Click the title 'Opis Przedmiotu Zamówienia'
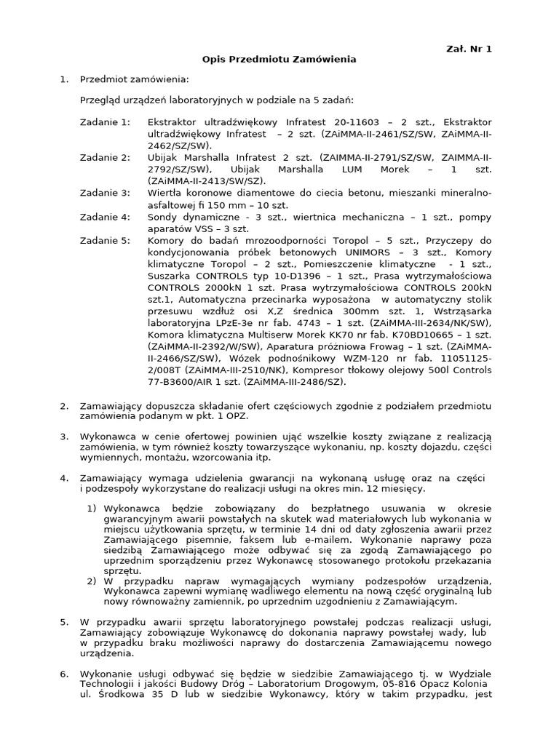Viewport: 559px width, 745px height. (x=279, y=60)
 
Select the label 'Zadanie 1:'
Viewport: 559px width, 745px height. (x=105, y=122)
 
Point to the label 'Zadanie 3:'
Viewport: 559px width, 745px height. (x=105, y=193)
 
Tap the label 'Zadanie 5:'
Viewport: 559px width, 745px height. (x=105, y=241)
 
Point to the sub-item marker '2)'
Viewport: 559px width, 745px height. (x=92, y=581)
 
